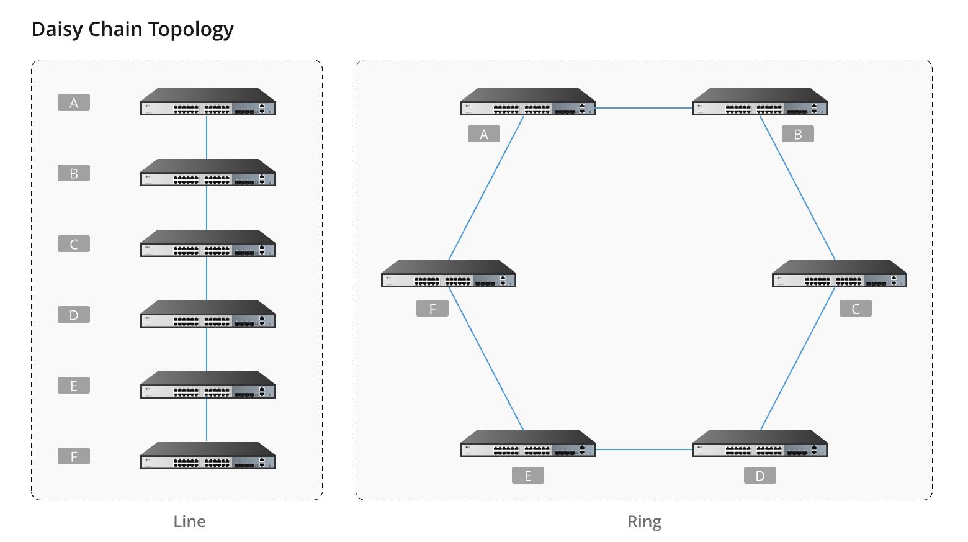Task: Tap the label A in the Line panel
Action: click(x=74, y=102)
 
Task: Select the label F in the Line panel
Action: click(x=74, y=456)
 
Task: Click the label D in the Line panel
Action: click(x=74, y=315)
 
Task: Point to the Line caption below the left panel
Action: click(x=189, y=522)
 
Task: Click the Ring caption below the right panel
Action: click(x=644, y=522)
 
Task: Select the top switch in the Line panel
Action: click(x=207, y=102)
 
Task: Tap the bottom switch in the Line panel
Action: click(x=207, y=456)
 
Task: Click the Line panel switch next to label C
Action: click(x=207, y=244)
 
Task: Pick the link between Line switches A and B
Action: click(x=207, y=137)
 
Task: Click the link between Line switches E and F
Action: click(x=207, y=420)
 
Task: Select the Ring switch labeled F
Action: click(x=449, y=274)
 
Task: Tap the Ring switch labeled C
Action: click(x=840, y=274)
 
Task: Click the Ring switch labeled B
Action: click(x=760, y=102)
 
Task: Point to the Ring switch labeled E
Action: click(x=528, y=444)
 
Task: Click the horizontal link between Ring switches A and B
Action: click(x=644, y=108)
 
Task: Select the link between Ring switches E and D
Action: click(x=644, y=449)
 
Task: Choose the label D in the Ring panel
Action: click(x=760, y=476)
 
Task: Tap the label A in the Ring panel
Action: click(x=484, y=134)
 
